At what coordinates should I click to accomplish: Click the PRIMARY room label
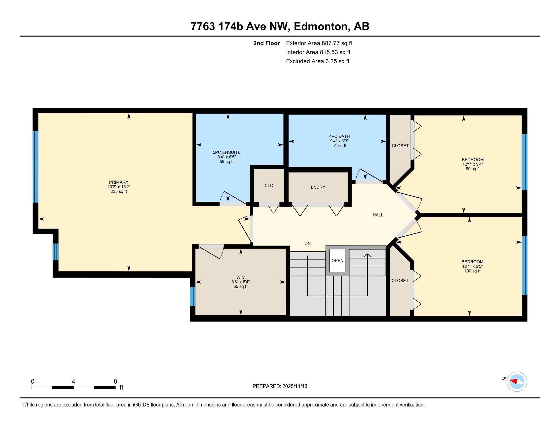pos(118,182)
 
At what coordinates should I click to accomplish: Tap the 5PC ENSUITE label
pos(227,152)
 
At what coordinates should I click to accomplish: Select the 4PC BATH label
pos(340,137)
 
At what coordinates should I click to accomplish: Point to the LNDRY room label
pos(318,187)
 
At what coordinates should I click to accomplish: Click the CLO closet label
pos(269,186)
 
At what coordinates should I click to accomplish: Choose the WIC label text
pos(241,277)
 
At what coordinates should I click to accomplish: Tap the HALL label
pos(378,215)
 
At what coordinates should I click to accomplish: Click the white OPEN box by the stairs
pos(338,260)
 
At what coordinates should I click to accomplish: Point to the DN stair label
pos(308,243)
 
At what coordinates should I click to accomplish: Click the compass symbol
pos(517,382)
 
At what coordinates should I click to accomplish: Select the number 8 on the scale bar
pos(115,381)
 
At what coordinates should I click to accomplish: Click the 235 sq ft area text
pos(119,191)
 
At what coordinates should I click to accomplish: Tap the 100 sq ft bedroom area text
pos(472,271)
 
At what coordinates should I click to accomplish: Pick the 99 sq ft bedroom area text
pos(473,169)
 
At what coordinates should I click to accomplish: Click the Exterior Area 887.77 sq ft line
pos(319,43)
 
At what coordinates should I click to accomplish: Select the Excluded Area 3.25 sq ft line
pos(318,61)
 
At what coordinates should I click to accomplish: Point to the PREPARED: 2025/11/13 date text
pos(280,386)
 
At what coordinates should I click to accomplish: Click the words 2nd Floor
pos(267,43)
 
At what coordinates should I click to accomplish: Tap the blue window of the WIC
pos(193,296)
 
